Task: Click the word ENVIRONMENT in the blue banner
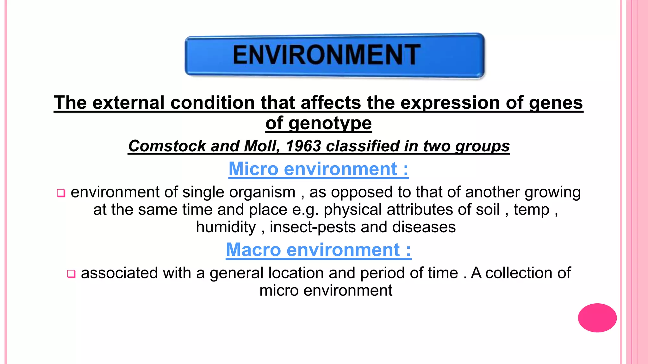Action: (327, 55)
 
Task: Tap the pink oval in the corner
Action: (597, 318)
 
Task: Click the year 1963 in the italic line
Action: (303, 146)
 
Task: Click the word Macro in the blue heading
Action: (253, 250)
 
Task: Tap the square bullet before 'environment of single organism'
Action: (61, 193)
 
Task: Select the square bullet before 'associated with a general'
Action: (71, 274)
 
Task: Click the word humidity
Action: (226, 227)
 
